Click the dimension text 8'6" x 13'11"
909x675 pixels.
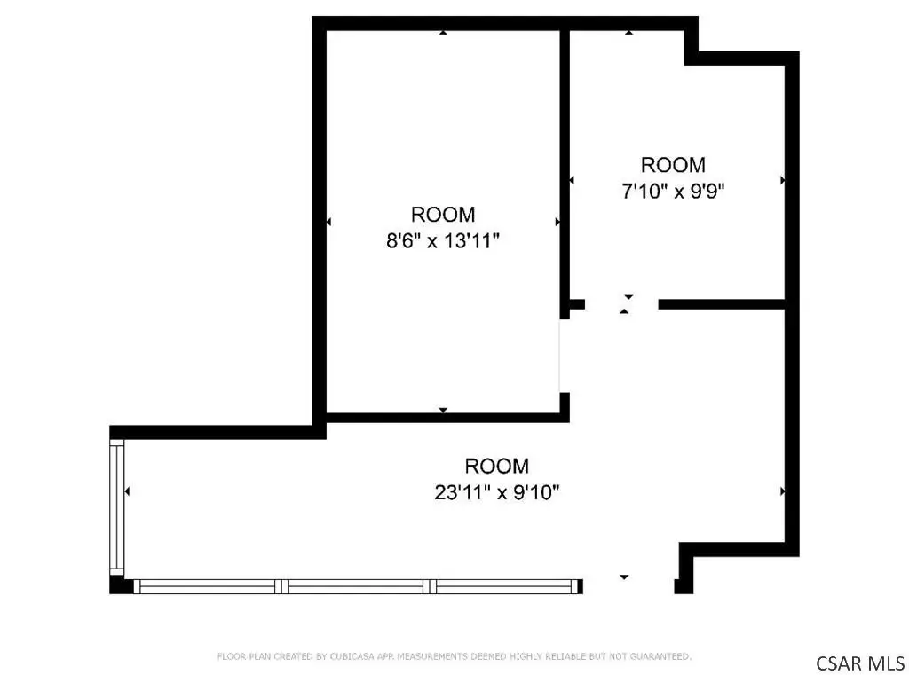click(443, 240)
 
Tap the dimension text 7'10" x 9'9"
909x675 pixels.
click(673, 191)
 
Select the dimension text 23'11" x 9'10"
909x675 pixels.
click(497, 492)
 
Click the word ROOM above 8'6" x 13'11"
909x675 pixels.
click(443, 215)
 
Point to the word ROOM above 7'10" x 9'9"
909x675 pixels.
click(673, 165)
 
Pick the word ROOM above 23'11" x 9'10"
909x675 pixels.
click(497, 466)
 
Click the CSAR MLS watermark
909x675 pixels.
click(860, 663)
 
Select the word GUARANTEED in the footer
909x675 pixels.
click(660, 656)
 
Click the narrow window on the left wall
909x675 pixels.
click(117, 507)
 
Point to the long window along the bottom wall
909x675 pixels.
click(359, 586)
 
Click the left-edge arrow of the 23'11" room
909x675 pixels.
click(127, 491)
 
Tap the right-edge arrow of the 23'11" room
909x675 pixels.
click(782, 491)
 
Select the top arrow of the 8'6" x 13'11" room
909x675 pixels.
click(443, 33)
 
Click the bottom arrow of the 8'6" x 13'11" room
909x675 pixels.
click(443, 410)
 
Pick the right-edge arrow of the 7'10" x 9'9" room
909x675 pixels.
click(782, 180)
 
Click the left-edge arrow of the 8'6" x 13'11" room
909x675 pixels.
click(328, 222)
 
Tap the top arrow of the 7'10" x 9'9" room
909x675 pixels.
click(629, 33)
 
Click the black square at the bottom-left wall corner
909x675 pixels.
click(116, 585)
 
